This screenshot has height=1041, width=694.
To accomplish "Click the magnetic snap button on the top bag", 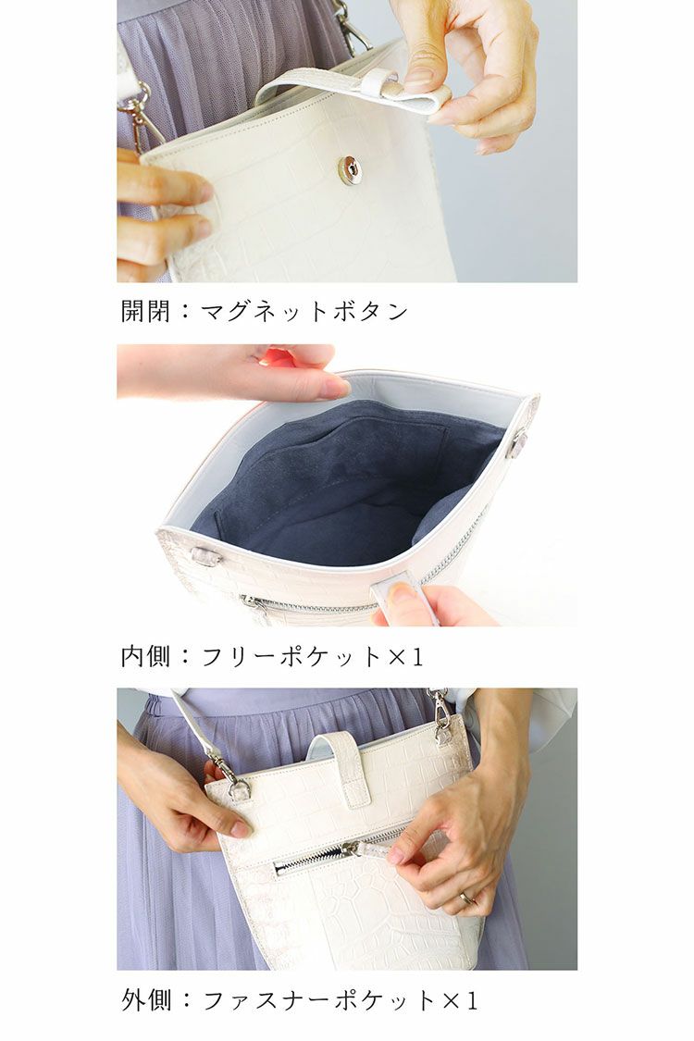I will coord(350,169).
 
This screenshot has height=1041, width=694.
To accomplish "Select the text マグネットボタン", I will coord(304,311).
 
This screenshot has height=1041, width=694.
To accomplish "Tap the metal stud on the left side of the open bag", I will coord(205,556).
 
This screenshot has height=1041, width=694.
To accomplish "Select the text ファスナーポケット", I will coord(318,1000).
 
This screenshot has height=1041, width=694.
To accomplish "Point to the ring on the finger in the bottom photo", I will coord(467,897).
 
